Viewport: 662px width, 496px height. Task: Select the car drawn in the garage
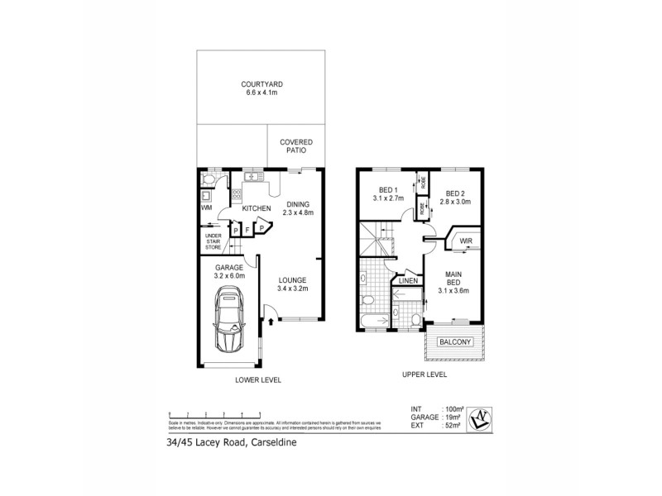[x=228, y=323]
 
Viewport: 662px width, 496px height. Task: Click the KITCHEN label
[x=257, y=208]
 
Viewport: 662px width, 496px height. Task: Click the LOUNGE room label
[x=293, y=284]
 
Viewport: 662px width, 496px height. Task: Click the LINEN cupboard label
[x=408, y=282]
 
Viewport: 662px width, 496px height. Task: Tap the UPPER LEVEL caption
[x=424, y=374]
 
